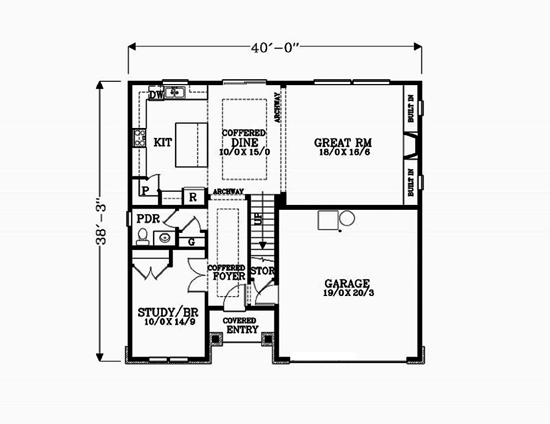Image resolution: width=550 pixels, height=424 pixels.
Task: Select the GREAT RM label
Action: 343,143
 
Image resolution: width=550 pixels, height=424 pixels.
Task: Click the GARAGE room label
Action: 347,283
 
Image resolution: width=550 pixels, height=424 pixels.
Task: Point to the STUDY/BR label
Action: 168,312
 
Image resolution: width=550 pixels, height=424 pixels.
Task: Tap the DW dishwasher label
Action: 156,95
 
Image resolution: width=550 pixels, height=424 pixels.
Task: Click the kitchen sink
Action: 175,92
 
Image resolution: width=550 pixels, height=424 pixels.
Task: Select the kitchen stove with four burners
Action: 140,138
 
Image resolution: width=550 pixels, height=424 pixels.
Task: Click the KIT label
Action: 163,142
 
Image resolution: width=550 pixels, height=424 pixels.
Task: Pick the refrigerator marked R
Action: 193,197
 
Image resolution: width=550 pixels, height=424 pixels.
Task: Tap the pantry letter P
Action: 145,191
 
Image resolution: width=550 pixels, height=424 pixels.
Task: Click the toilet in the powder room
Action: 142,236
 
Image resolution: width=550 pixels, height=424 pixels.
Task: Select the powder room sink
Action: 164,238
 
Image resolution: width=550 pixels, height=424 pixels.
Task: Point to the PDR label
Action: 148,219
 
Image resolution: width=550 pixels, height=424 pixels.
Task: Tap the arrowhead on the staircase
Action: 262,246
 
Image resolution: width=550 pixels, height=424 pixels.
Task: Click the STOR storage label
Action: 262,271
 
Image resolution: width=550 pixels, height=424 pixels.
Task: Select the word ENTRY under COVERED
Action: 242,330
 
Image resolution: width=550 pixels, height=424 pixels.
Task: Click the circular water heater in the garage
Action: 347,218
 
